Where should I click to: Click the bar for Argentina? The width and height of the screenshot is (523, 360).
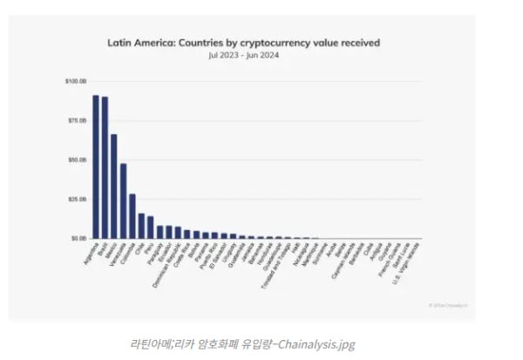pyautogui.click(x=96, y=166)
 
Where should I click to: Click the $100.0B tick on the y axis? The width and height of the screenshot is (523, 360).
pyautogui.click(x=76, y=82)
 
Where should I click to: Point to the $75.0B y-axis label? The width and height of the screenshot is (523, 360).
pyautogui.click(x=77, y=121)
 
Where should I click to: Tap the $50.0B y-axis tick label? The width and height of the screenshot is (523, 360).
pyautogui.click(x=77, y=160)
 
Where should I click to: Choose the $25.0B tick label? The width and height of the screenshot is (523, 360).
pyautogui.click(x=77, y=199)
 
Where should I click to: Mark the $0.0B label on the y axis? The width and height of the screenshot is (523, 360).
pyautogui.click(x=78, y=238)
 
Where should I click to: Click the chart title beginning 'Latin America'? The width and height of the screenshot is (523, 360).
pyautogui.click(x=243, y=41)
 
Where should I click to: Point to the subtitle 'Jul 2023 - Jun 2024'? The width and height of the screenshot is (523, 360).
pyautogui.click(x=243, y=55)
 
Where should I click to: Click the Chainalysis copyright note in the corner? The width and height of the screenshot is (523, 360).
pyautogui.click(x=447, y=304)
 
